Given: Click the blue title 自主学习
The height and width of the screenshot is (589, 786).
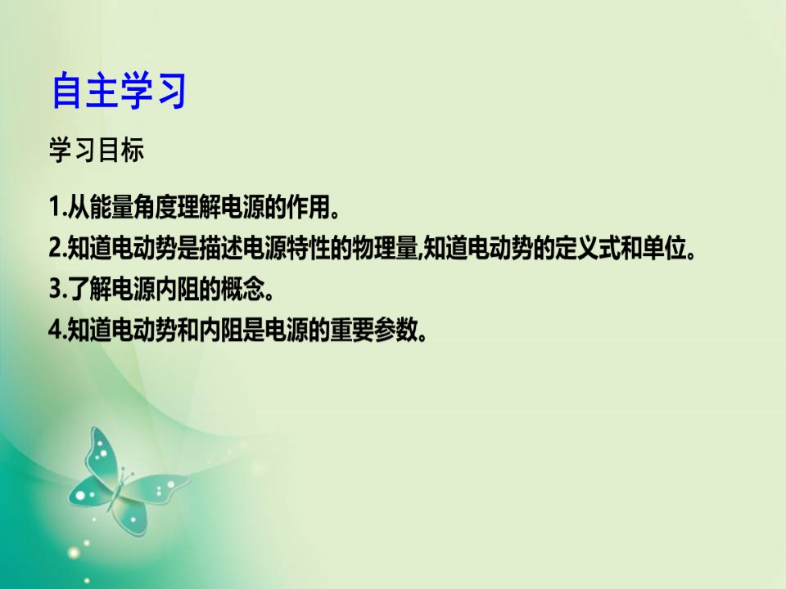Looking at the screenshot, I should click(119, 90).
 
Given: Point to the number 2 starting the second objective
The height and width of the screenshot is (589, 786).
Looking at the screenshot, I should click(55, 247).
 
